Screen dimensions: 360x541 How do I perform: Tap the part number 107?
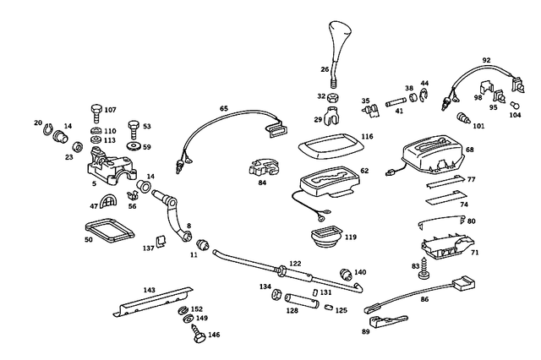tap(111, 110)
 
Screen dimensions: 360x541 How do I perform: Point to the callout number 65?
tap(224, 109)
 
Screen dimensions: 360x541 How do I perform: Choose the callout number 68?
tap(469, 150)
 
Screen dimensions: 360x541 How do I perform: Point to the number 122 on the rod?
tap(295, 263)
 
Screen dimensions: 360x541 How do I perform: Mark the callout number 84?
tap(262, 181)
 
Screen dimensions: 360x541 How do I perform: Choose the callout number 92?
tap(486, 61)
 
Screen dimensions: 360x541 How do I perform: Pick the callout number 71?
tap(475, 253)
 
